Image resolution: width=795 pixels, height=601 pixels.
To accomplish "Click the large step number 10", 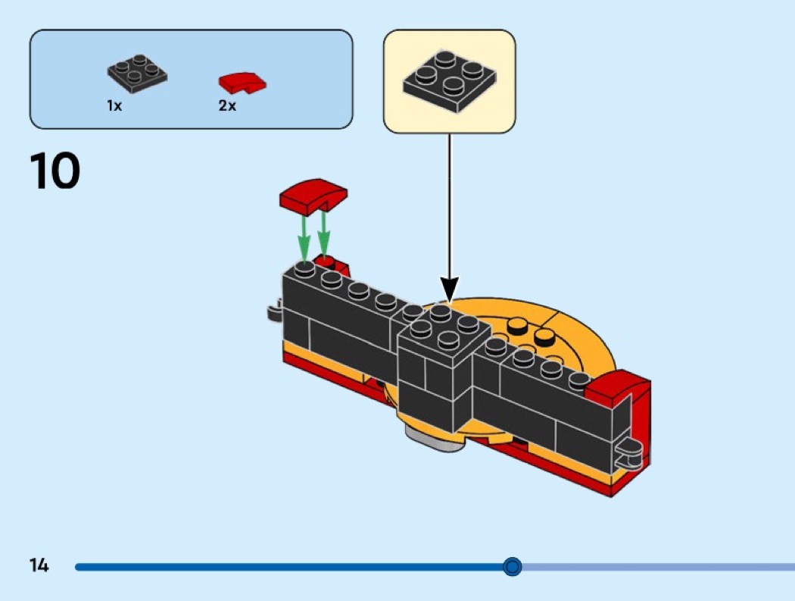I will click(55, 171).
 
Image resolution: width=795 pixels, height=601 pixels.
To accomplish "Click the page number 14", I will click(39, 565).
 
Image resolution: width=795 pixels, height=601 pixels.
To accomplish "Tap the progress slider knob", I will click(513, 566).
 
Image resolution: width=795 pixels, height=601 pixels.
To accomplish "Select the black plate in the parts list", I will click(137, 73).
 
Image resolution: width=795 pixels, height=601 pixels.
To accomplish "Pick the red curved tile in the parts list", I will click(242, 80).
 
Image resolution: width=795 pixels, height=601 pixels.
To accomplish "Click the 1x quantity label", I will click(114, 106).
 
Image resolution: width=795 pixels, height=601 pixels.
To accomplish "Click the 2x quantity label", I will click(227, 106).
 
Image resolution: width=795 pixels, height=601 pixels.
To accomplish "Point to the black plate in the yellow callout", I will click(449, 80).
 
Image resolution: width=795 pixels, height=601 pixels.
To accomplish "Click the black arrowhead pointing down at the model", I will click(450, 289).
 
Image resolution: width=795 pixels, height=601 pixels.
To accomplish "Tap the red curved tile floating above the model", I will click(313, 196).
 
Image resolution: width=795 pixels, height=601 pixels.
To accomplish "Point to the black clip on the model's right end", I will click(631, 454).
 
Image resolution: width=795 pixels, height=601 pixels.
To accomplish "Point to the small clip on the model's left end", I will click(275, 311).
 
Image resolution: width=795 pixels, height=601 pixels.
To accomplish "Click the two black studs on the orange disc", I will click(530, 331).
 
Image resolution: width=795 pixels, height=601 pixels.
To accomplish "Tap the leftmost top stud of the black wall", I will click(305, 269).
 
